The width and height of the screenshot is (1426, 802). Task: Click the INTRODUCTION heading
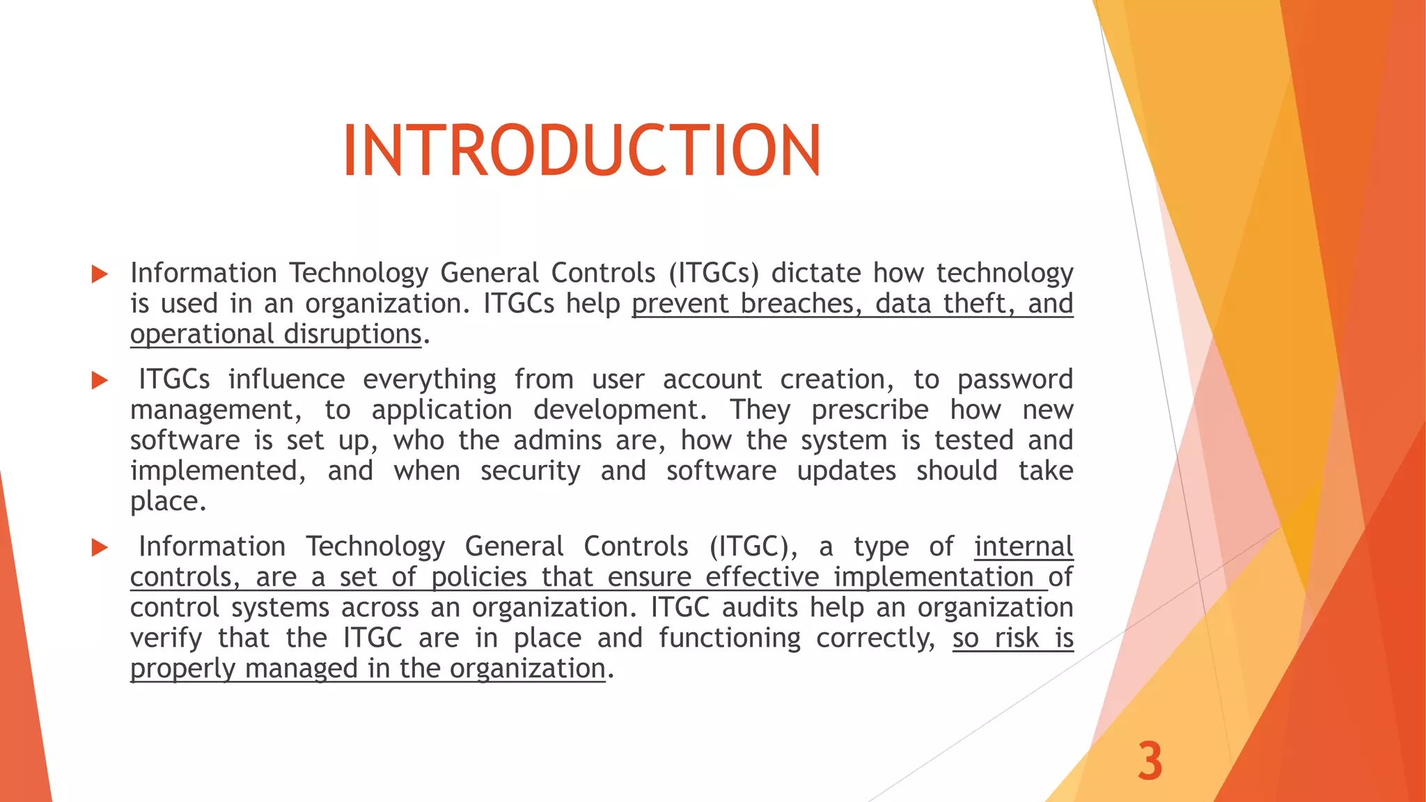582,151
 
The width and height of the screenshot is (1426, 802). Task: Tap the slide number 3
1150,761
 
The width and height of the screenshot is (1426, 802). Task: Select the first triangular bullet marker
100,274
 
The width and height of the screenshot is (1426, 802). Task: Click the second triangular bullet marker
100,380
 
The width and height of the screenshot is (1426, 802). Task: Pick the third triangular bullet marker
100,547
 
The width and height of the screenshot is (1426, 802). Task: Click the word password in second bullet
1014,379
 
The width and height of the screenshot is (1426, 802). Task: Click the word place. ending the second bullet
168,502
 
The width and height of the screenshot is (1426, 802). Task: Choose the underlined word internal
1023,547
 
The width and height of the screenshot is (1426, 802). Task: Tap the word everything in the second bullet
430,379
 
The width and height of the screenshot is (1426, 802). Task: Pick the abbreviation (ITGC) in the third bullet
753,547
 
